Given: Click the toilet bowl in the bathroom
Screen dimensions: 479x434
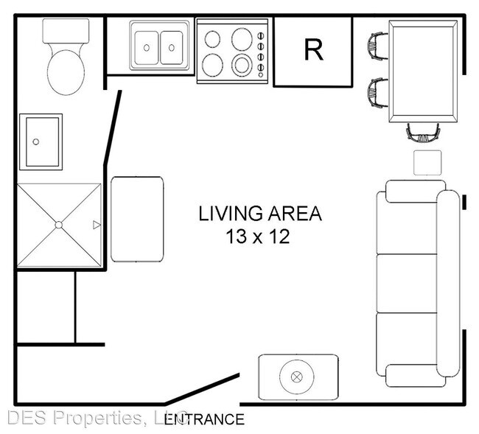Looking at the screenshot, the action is point(66,72).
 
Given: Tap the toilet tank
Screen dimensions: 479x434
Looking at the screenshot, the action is point(66,31).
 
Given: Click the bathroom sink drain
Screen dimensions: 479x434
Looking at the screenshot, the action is point(36,141).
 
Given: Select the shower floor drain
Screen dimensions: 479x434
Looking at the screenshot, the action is point(59,225).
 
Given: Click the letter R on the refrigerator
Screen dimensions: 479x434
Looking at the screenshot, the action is point(313,50).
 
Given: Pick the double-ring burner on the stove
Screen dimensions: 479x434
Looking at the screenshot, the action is point(242,66).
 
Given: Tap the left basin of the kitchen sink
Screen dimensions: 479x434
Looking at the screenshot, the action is point(147,48).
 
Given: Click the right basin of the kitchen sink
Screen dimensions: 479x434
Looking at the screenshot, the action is point(172,48).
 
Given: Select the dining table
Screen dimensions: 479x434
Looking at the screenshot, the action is point(423,71).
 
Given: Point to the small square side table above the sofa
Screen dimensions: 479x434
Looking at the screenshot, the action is point(427,163).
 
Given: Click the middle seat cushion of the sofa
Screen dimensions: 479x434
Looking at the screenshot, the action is point(407,283).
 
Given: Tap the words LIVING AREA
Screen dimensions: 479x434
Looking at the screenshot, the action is point(260,214).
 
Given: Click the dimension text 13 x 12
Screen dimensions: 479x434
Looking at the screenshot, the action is point(257,237).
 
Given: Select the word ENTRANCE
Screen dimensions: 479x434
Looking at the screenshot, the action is point(204,419).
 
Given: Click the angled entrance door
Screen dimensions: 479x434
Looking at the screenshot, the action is point(202,389).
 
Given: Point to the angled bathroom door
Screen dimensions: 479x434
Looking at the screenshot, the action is point(113,128).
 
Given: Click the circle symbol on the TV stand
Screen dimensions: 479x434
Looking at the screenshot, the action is point(297,377).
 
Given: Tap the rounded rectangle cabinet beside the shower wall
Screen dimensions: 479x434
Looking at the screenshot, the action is point(137,220).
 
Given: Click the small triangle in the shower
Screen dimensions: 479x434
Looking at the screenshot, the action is point(97,225).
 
